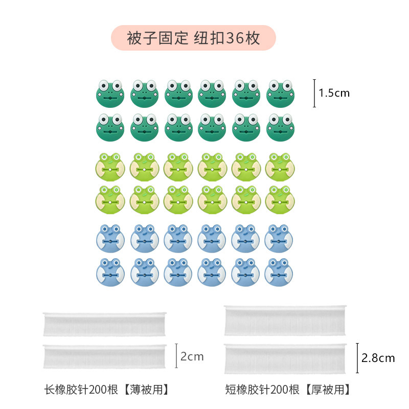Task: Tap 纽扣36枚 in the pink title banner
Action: click(227, 38)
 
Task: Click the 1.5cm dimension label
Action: click(334, 93)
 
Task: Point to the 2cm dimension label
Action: click(192, 356)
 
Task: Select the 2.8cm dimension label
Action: click(378, 358)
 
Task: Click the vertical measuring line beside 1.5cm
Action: click(314, 93)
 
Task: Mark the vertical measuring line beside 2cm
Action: click(176, 356)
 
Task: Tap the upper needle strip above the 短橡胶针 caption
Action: click(286, 321)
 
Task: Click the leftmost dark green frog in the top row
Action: click(110, 93)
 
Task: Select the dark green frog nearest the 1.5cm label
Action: click(280, 93)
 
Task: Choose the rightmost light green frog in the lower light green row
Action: click(280, 199)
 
